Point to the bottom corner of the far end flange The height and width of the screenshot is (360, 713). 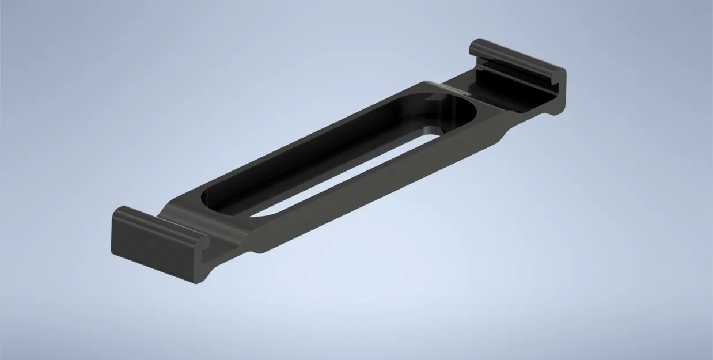click(557, 112)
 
